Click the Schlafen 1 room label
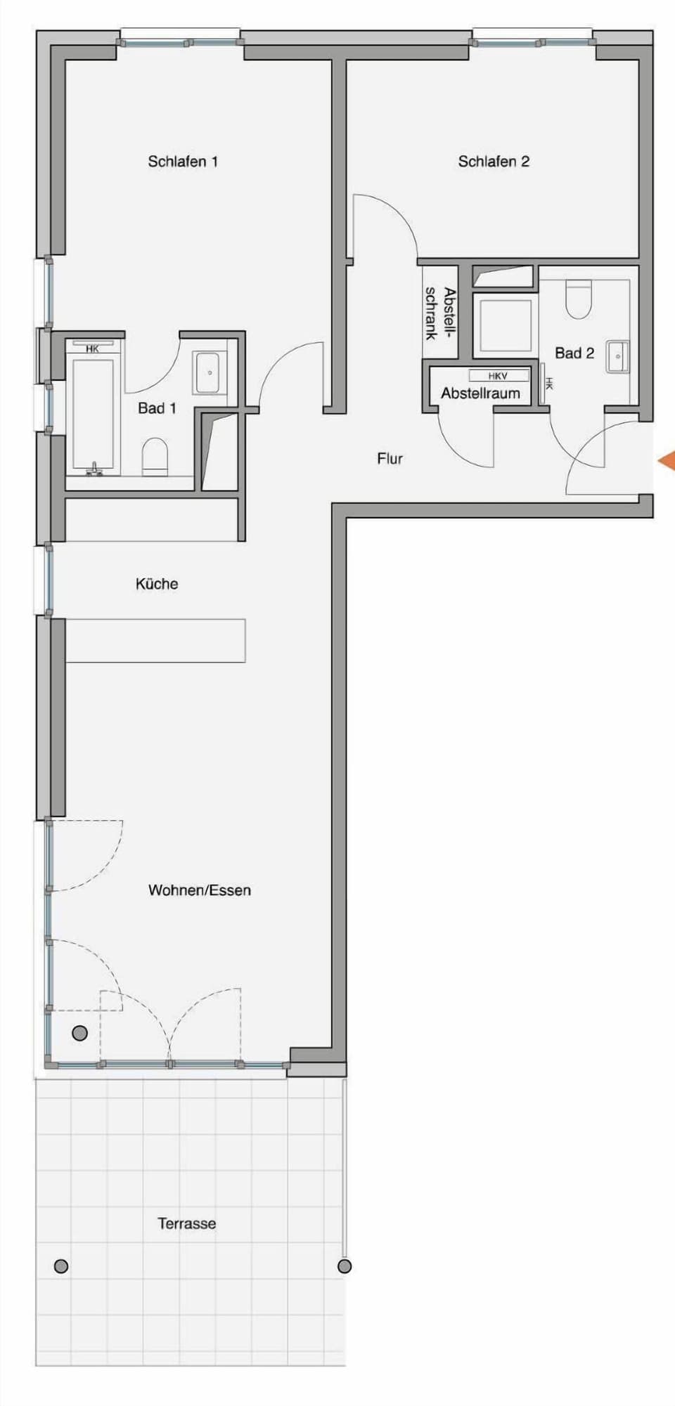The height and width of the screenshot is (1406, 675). [x=183, y=162]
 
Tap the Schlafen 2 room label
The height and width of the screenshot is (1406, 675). [x=494, y=162]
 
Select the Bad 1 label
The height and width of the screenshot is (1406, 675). [x=157, y=408]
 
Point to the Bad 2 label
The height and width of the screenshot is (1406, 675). [x=574, y=353]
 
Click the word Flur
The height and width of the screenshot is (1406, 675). [x=390, y=459]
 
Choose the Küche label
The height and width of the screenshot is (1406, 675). [x=157, y=584]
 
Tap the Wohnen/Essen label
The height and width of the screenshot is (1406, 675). [x=200, y=890]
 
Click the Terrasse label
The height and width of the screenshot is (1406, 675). [x=187, y=1223]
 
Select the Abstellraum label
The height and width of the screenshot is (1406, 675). [x=480, y=393]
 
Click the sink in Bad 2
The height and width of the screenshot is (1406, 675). [x=618, y=356]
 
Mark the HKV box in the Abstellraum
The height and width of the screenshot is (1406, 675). [x=499, y=376]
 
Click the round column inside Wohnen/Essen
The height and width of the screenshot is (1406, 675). [x=80, y=1033]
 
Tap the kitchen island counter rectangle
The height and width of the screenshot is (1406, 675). [x=155, y=640]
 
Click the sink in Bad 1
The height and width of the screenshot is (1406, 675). [x=209, y=372]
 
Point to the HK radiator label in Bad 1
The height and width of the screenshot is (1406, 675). [x=92, y=348]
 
